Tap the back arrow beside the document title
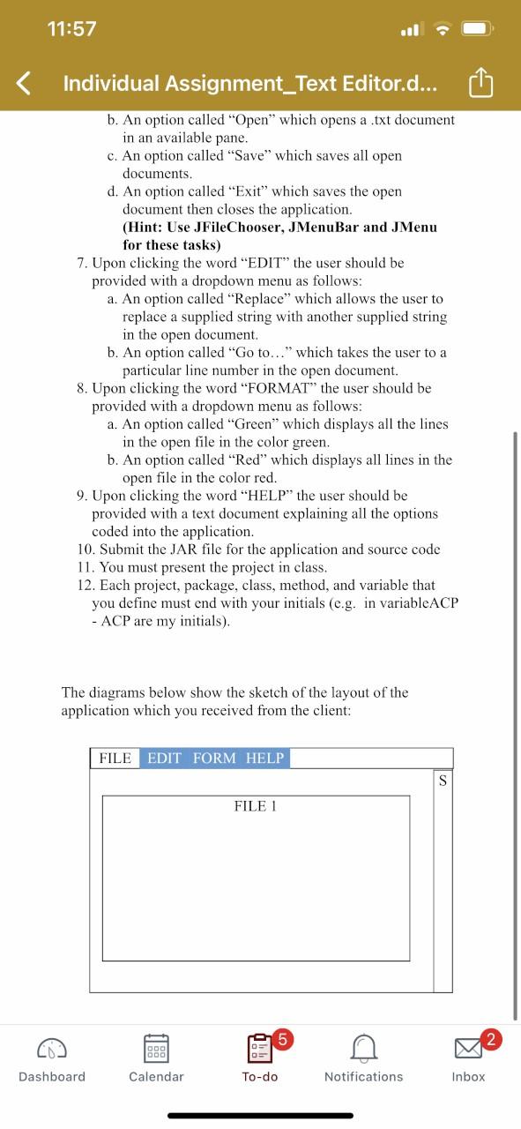(x=26, y=84)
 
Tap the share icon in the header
(x=480, y=84)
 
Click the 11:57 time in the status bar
(x=73, y=28)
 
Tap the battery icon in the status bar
(x=475, y=28)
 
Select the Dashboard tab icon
(x=52, y=1048)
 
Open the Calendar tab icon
(x=156, y=1048)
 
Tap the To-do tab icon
(x=260, y=1049)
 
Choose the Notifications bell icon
(x=363, y=1048)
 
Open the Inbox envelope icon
(x=468, y=1049)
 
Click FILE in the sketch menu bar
(x=115, y=759)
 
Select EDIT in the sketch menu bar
(x=165, y=759)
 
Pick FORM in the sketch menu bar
(x=214, y=759)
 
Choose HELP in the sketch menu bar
(x=264, y=759)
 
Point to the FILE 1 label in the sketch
(x=256, y=806)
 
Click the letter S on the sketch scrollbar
(x=443, y=781)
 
